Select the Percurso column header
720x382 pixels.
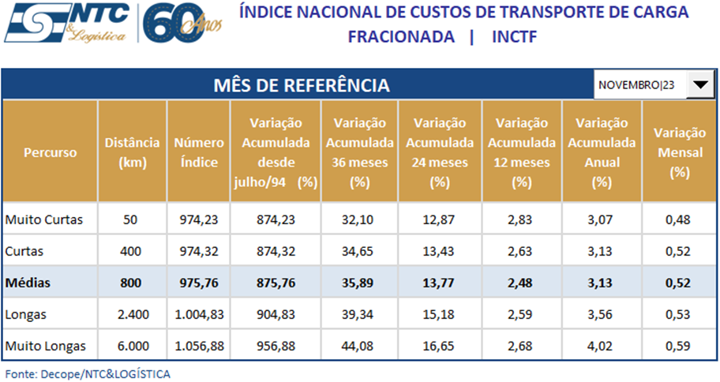[x=50, y=152]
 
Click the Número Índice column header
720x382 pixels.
[x=194, y=152]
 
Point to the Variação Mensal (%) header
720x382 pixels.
[x=679, y=152]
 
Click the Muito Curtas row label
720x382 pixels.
[x=43, y=219]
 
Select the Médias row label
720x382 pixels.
[x=30, y=283]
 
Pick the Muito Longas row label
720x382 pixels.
[x=45, y=346]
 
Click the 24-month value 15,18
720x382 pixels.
[x=438, y=314]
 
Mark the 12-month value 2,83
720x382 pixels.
[x=519, y=219]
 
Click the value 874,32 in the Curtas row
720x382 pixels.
[x=276, y=251]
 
